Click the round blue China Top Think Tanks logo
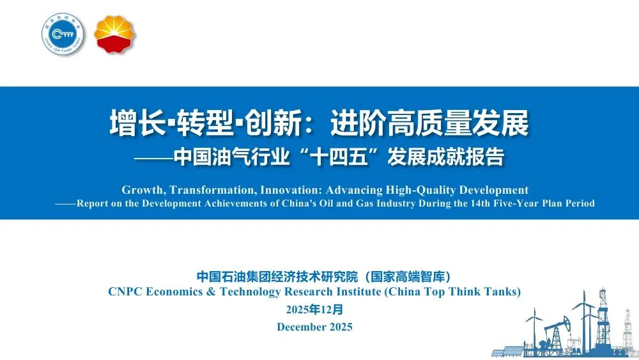point(63,34)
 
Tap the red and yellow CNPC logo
point(114,35)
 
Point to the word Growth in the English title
point(143,190)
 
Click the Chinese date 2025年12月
point(314,309)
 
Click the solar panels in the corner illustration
point(508,352)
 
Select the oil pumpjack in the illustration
point(555,333)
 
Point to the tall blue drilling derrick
point(603,318)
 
